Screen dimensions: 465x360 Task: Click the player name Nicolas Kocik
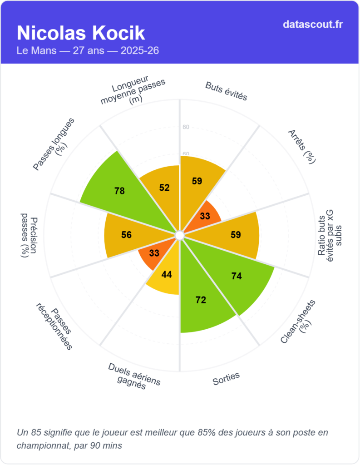click(81, 33)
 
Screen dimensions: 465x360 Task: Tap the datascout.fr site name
click(312, 24)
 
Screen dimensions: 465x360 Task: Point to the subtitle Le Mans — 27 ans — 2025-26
click(88, 50)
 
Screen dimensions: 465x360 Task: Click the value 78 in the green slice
click(119, 191)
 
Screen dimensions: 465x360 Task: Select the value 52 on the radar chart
click(164, 188)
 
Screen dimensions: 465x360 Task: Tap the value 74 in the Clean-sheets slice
click(236, 276)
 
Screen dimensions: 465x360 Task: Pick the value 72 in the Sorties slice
click(201, 300)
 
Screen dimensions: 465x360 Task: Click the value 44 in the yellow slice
click(167, 274)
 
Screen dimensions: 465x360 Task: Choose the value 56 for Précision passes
click(126, 235)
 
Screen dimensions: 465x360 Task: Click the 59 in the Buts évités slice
click(197, 181)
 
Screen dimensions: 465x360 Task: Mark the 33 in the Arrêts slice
click(205, 216)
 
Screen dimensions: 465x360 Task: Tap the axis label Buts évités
click(226, 91)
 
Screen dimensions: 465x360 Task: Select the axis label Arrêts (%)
click(302, 145)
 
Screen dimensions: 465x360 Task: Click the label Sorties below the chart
click(226, 379)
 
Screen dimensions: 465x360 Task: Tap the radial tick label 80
click(186, 127)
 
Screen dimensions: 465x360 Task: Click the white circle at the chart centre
click(179, 235)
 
